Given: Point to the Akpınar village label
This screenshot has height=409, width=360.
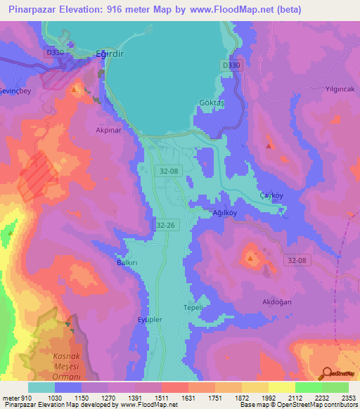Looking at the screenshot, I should pyautogui.click(x=109, y=130).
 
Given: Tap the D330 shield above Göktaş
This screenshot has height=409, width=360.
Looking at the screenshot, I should pyautogui.click(x=230, y=65).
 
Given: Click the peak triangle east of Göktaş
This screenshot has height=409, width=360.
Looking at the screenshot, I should pyautogui.click(x=269, y=145).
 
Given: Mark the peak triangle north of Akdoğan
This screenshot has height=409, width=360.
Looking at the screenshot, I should pyautogui.click(x=250, y=260).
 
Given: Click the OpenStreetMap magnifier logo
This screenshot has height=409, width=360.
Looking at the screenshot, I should pyautogui.click(x=326, y=374).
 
